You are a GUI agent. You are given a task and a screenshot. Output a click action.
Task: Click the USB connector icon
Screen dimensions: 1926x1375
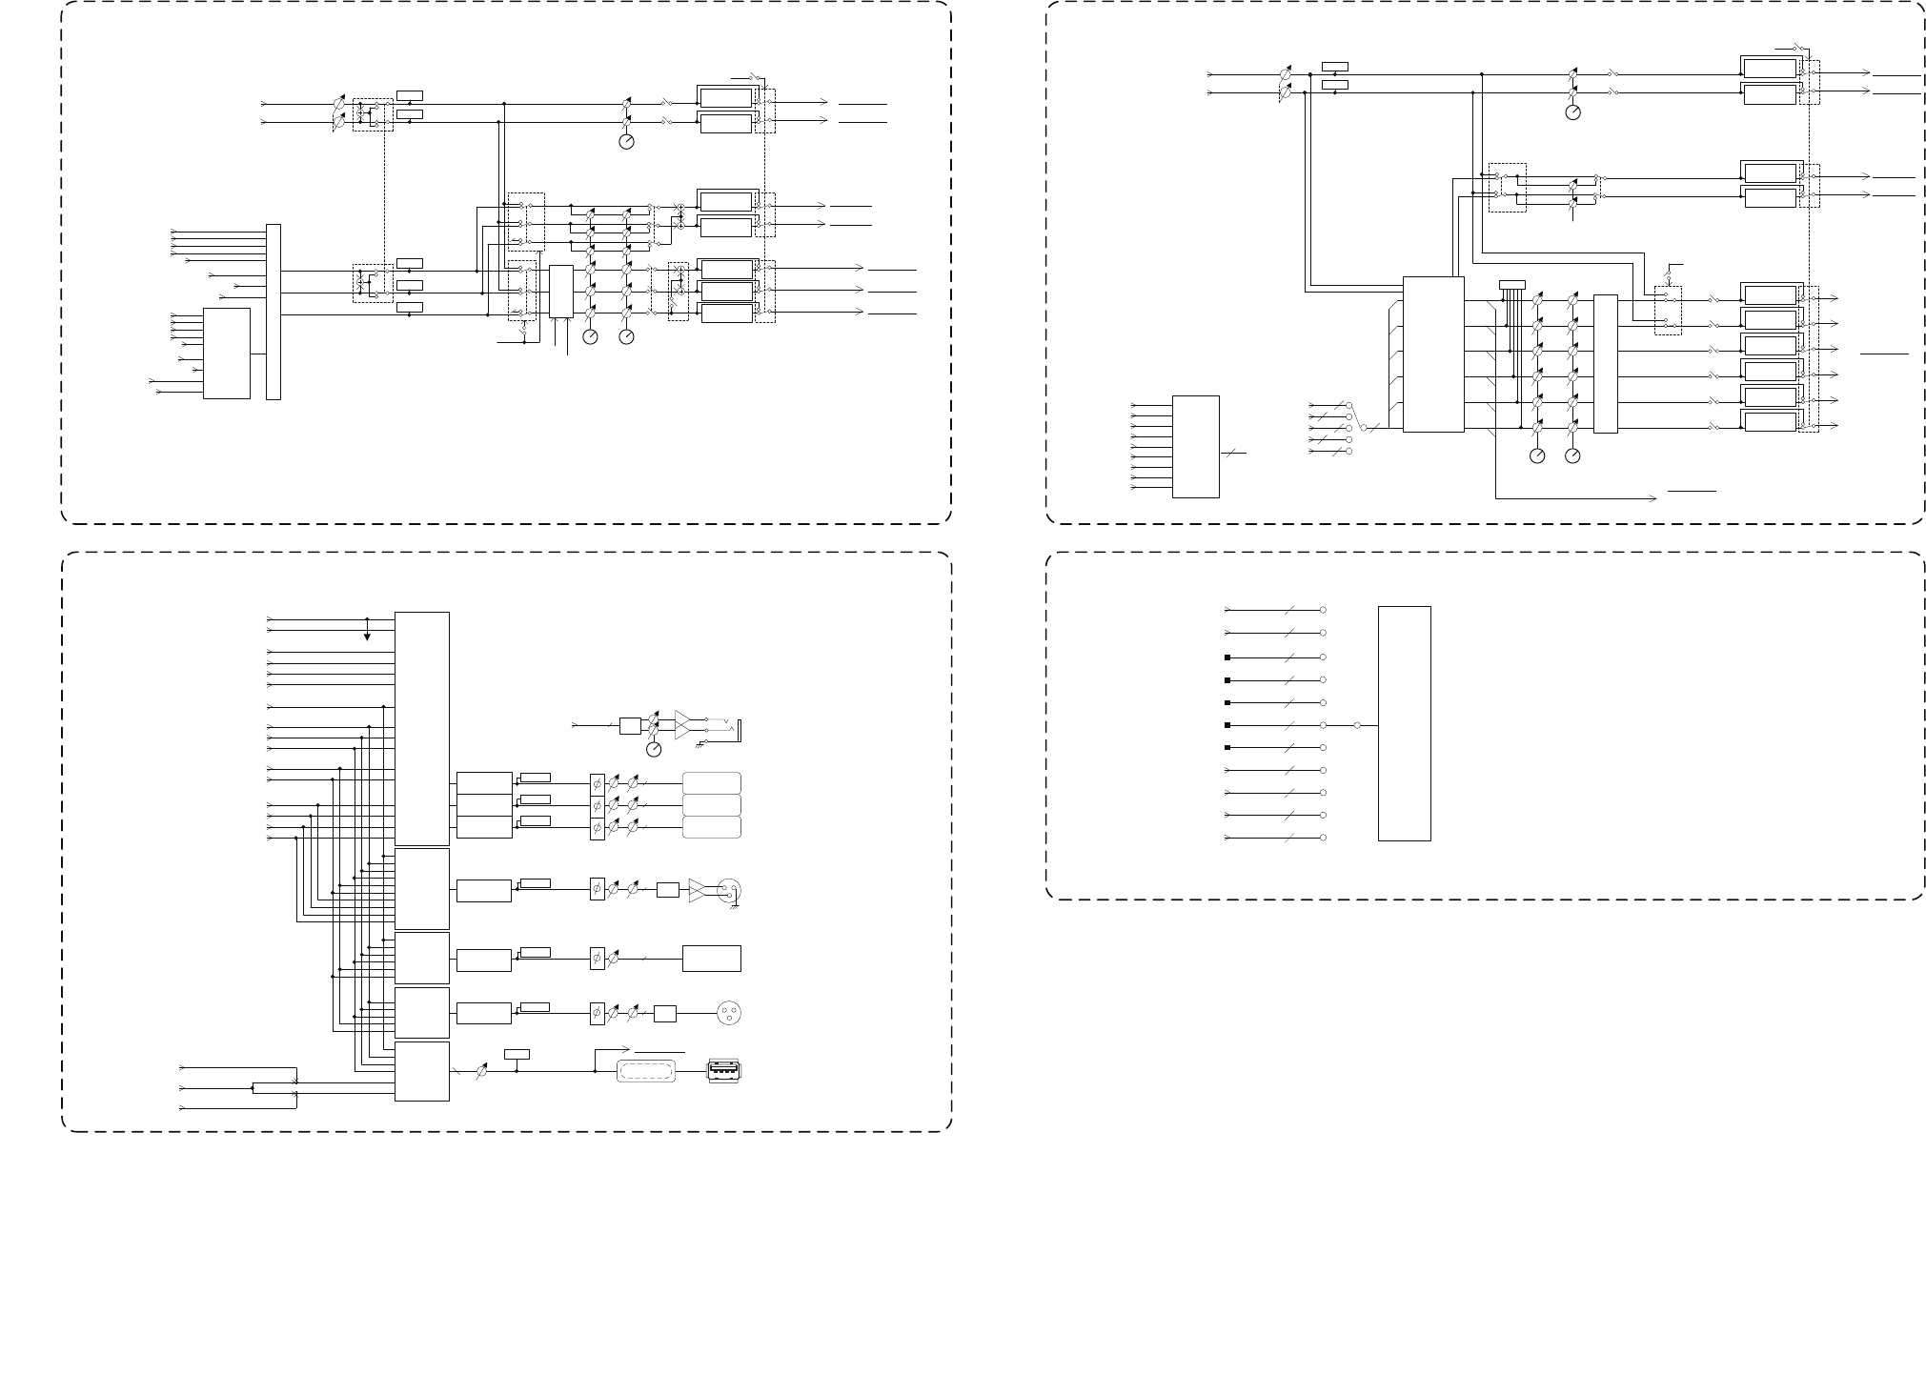click(723, 1071)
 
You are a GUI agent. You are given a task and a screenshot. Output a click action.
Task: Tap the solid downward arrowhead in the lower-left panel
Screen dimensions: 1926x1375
click(367, 637)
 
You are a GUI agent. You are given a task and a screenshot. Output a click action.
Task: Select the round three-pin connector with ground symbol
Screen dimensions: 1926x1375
click(730, 891)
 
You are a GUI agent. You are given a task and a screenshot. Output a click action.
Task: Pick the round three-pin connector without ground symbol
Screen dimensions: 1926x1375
click(729, 1013)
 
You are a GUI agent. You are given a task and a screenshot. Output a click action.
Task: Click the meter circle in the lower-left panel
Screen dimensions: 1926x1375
click(654, 750)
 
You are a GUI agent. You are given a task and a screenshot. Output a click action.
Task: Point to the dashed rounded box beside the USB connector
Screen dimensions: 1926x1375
click(648, 1071)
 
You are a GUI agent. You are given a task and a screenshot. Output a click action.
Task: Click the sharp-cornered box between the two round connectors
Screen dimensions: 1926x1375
click(712, 958)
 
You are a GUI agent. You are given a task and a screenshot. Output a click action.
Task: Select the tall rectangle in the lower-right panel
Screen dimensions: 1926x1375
click(1404, 723)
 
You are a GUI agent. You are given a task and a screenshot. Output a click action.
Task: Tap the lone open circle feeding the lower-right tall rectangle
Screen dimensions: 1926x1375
click(1357, 725)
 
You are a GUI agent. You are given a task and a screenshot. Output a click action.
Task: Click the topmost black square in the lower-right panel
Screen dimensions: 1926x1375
click(1227, 657)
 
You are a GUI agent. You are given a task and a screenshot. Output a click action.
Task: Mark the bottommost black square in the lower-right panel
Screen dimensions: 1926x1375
click(1227, 748)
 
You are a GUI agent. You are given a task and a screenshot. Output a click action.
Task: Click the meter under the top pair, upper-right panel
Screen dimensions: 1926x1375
click(1572, 112)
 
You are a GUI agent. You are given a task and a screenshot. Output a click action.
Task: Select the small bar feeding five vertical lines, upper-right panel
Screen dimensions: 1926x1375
click(1511, 284)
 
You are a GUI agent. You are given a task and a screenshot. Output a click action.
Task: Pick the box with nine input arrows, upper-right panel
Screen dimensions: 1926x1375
click(1195, 446)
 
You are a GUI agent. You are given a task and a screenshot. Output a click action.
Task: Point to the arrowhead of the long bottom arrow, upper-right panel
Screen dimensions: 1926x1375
click(1652, 497)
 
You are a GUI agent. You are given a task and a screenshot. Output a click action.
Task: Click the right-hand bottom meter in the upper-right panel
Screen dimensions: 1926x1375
click(1572, 456)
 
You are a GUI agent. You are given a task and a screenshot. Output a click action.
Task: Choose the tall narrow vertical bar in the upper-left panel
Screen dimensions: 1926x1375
click(274, 312)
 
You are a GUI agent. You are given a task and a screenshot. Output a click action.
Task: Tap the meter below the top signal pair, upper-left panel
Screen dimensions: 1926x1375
click(626, 142)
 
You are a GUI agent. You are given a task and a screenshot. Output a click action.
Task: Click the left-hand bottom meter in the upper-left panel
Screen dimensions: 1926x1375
click(590, 336)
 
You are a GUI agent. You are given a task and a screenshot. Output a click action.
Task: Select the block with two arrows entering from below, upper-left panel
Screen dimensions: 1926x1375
click(561, 292)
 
